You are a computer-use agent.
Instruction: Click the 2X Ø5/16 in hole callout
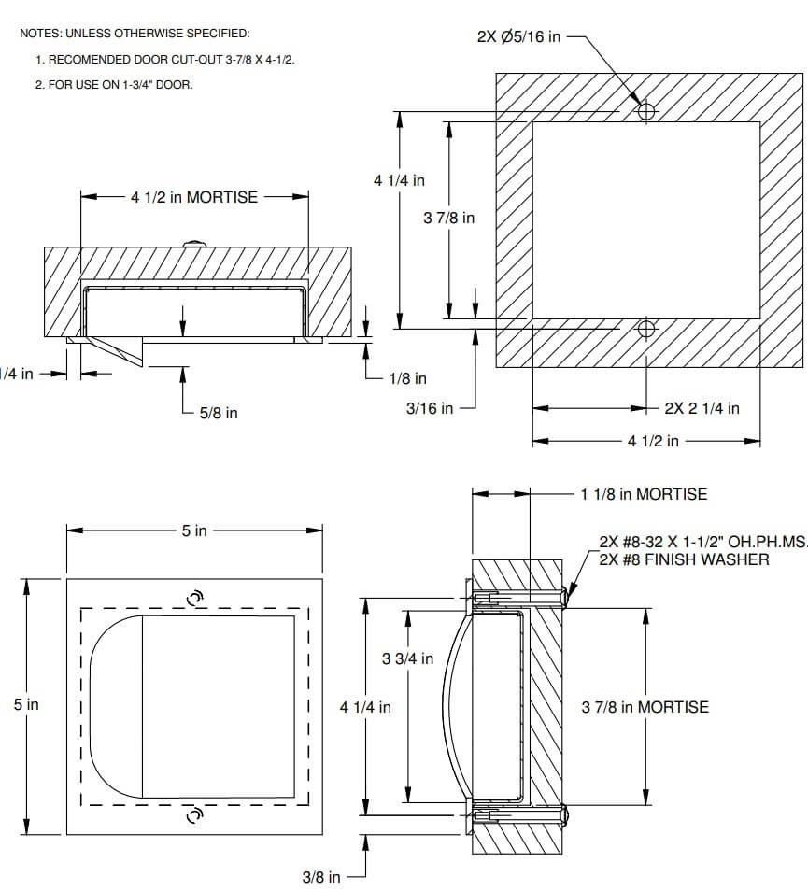pos(518,37)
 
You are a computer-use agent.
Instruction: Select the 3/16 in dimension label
pos(430,408)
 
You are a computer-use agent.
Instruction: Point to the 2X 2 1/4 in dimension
pos(702,408)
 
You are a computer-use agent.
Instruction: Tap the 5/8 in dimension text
pos(219,413)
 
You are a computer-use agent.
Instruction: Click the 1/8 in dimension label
pos(407,378)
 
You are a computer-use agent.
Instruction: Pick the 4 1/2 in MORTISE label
pos(194,197)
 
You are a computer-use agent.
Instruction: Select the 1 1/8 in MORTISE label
pos(644,494)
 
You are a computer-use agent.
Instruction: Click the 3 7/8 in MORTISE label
pos(645,707)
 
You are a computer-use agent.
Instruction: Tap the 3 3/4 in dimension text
pos(407,658)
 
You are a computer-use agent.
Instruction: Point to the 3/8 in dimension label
pos(321,877)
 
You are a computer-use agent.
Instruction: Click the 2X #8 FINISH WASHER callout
pos(684,559)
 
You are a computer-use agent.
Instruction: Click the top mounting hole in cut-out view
pos(645,111)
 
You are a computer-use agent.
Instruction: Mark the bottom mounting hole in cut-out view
pos(645,329)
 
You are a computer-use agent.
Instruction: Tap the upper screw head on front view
pos(195,598)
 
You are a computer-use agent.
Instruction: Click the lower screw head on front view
pos(195,815)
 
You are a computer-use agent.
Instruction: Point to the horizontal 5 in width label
pos(194,530)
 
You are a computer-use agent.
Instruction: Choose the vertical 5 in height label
pos(26,705)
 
